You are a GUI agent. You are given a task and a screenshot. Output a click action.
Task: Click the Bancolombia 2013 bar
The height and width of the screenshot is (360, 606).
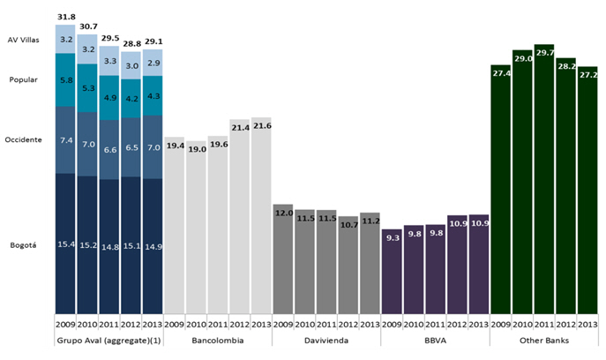pyautogui.click(x=261, y=216)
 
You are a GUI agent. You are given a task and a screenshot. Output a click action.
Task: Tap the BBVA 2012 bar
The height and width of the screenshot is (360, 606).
pyautogui.click(x=457, y=264)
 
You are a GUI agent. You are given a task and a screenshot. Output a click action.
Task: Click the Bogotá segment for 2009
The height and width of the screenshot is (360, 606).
pyautogui.click(x=65, y=243)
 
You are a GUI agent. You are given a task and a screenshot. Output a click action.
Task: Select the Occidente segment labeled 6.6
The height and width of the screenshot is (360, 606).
pyautogui.click(x=108, y=149)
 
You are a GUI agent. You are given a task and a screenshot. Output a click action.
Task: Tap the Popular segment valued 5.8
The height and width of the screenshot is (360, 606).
pyautogui.click(x=65, y=80)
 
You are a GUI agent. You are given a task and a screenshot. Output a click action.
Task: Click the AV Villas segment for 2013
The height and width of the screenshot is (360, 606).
pyautogui.click(x=152, y=63)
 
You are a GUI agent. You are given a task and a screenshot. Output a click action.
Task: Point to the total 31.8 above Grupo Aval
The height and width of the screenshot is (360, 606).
pyautogui.click(x=65, y=16)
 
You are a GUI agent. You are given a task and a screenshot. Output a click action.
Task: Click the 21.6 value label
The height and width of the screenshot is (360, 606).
pyautogui.click(x=261, y=127)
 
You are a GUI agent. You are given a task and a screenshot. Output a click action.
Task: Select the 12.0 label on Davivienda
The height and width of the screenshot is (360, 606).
pyautogui.click(x=282, y=213)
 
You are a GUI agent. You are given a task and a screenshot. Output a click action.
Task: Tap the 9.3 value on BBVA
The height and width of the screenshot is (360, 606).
pyautogui.click(x=392, y=237)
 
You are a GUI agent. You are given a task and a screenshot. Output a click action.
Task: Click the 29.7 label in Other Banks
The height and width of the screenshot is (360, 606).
pyautogui.click(x=543, y=53)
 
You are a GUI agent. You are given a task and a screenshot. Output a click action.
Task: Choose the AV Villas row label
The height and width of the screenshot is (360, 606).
pyautogui.click(x=25, y=40)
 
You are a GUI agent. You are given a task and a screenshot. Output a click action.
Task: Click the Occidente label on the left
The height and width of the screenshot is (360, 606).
pyautogui.click(x=24, y=140)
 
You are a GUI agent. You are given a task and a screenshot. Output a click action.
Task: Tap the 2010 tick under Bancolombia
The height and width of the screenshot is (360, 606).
pyautogui.click(x=196, y=323)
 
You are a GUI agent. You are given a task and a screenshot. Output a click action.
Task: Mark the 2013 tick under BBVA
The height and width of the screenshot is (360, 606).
pyautogui.click(x=478, y=323)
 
